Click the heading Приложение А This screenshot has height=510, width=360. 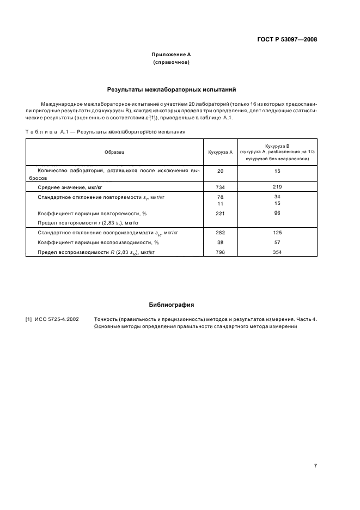click(171, 54)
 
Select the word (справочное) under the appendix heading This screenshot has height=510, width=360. click(171, 63)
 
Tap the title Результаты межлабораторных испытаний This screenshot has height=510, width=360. click(171, 88)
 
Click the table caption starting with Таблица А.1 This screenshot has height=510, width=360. click(105, 131)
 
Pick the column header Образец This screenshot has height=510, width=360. click(114, 153)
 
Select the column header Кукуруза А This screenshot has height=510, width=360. click(221, 153)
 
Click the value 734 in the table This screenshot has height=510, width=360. click(221, 187)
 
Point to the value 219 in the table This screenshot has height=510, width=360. click(277, 187)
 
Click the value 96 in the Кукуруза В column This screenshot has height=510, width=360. click(277, 213)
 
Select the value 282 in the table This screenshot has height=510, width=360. click(221, 233)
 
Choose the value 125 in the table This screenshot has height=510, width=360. click(277, 233)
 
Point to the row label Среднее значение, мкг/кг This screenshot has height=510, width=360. click(70, 187)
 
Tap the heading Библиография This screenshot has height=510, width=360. click(171, 305)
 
